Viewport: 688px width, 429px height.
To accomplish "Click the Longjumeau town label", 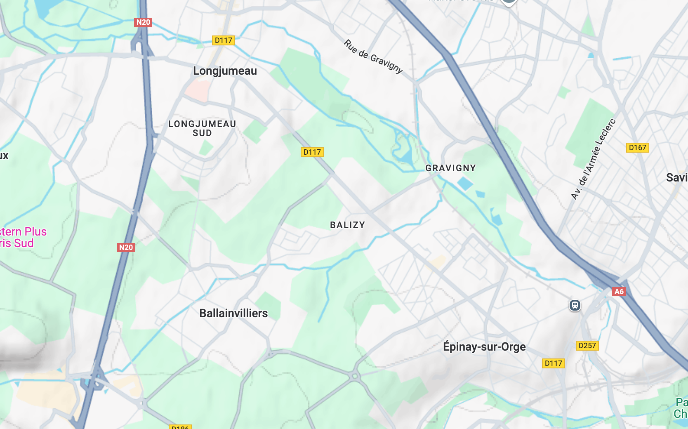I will click(x=225, y=71).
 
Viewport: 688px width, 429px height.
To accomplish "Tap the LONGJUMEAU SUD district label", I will click(x=202, y=128).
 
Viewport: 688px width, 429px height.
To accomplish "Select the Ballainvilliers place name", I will click(x=233, y=313).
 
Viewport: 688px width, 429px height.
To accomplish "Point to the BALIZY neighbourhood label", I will click(x=347, y=225).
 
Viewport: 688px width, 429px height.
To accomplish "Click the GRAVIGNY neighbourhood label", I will click(x=450, y=168).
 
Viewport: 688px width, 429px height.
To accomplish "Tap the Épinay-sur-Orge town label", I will click(x=484, y=347).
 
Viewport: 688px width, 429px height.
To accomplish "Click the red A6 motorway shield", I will click(x=619, y=292).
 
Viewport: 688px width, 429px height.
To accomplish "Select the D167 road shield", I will click(x=637, y=148).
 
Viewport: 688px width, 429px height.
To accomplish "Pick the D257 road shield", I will click(x=587, y=346).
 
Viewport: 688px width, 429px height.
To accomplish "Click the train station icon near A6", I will click(x=575, y=305).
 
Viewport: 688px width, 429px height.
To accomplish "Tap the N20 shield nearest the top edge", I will click(x=143, y=22).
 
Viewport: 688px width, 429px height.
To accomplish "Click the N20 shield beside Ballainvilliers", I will click(x=126, y=247).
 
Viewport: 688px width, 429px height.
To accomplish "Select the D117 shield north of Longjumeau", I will click(x=223, y=40).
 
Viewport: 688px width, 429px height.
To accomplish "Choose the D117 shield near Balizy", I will click(x=312, y=152).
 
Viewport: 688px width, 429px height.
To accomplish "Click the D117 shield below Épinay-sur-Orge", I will click(x=553, y=363).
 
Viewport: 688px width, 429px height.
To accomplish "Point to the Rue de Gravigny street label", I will click(x=373, y=57).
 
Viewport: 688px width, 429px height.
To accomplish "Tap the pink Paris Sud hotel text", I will click(x=17, y=243).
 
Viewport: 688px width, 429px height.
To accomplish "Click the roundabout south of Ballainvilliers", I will click(x=354, y=376).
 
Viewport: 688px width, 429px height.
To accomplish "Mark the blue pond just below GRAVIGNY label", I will click(x=465, y=183).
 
